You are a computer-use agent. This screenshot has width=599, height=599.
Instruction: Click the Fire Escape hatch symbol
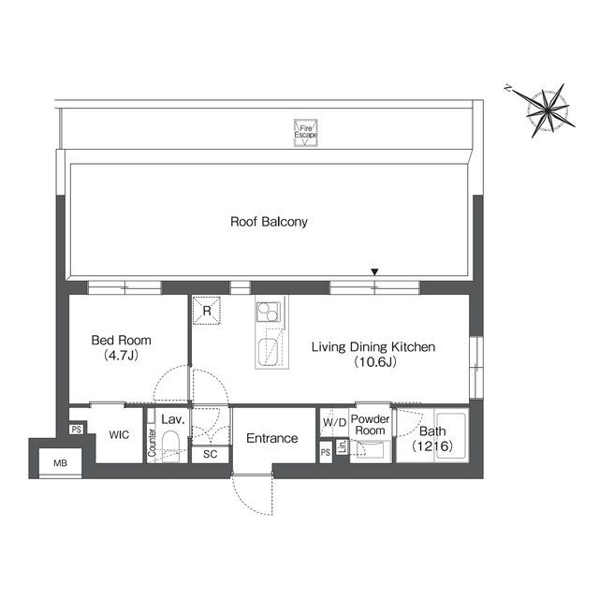pyautogui.click(x=306, y=132)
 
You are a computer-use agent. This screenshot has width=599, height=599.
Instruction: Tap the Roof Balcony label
pyautogui.click(x=270, y=223)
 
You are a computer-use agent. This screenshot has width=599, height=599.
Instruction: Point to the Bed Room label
pyautogui.click(x=121, y=347)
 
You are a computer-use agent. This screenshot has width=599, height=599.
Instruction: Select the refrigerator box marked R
pyautogui.click(x=206, y=310)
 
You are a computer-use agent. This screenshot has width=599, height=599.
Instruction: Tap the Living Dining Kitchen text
pyautogui.click(x=373, y=354)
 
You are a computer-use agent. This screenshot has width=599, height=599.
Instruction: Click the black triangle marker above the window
pyautogui.click(x=375, y=272)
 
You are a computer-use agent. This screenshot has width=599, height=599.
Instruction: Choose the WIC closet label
pyautogui.click(x=118, y=435)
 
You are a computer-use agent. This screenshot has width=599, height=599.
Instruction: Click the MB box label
pyautogui.click(x=60, y=462)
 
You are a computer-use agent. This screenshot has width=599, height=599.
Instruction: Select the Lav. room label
pyautogui.click(x=170, y=421)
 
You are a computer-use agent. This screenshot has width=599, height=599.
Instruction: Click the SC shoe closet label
pyautogui.click(x=211, y=454)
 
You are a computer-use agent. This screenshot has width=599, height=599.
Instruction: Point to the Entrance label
pyautogui.click(x=272, y=438)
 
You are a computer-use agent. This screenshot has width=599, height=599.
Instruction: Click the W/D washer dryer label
pyautogui.click(x=333, y=423)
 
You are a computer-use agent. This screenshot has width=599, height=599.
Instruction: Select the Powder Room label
pyautogui.click(x=370, y=424)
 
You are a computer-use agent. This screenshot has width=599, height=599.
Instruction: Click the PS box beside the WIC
pyautogui.click(x=77, y=431)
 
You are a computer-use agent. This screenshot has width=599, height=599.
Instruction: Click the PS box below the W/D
pyautogui.click(x=326, y=453)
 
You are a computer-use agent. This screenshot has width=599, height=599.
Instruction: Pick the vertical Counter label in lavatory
pyautogui.click(x=152, y=447)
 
